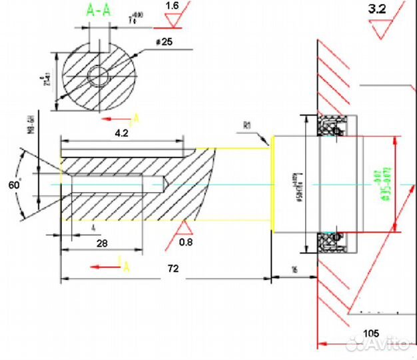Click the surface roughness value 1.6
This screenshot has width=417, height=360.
point(171,5)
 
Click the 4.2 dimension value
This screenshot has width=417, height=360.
point(121,133)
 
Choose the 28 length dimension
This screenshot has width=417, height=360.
point(102,243)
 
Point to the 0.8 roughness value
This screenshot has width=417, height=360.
point(186,243)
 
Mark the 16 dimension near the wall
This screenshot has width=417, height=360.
point(294,269)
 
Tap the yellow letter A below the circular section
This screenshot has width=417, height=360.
point(136,119)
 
